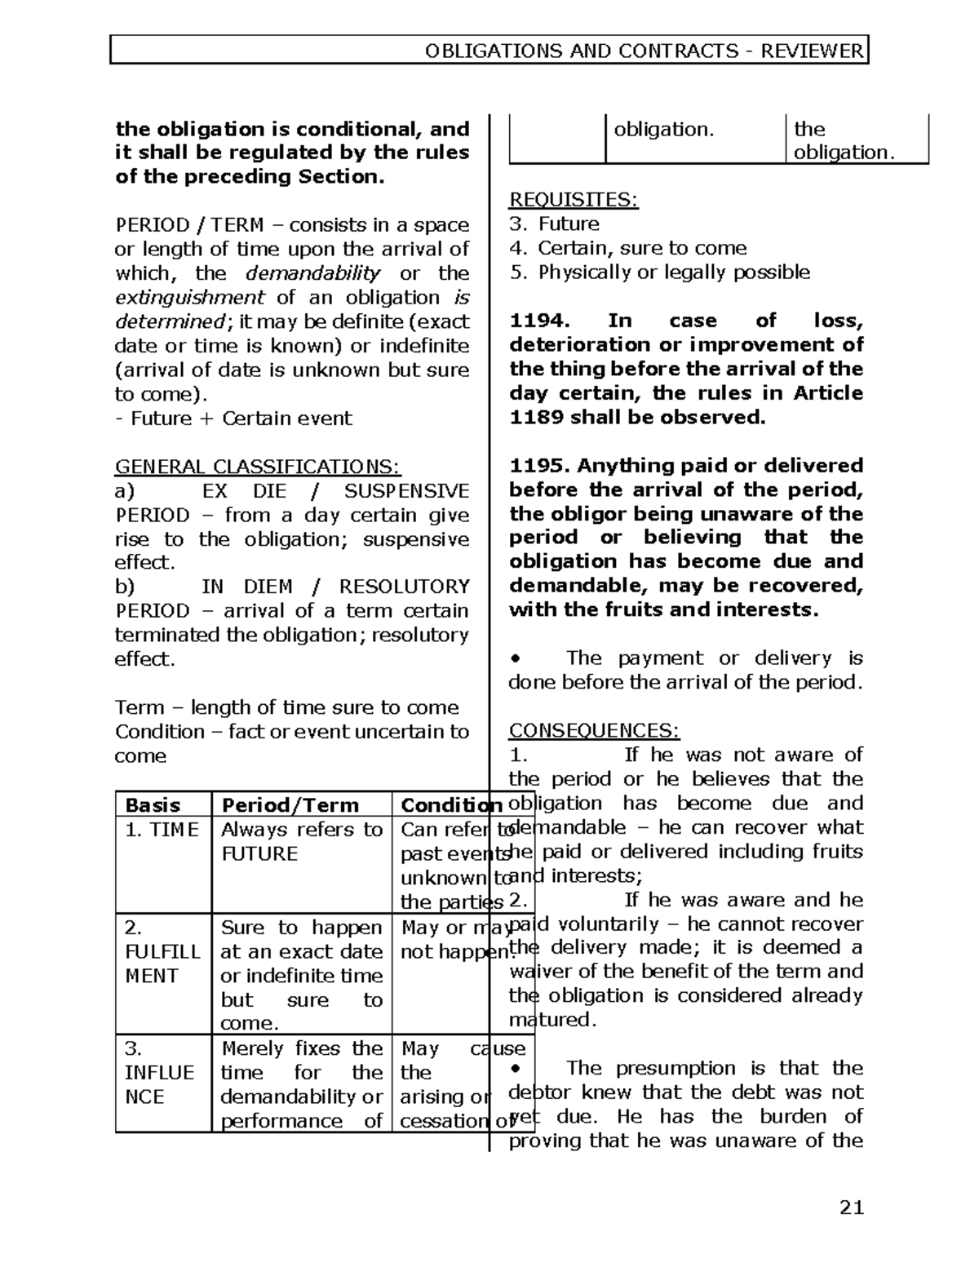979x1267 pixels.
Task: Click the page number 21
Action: click(x=851, y=1207)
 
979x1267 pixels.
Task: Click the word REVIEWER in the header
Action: click(x=812, y=51)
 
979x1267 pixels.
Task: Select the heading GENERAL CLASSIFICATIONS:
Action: click(x=258, y=467)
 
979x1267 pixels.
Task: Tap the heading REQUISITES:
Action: click(x=574, y=200)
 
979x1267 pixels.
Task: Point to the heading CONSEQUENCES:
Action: click(x=594, y=730)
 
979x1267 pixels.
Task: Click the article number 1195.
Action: click(x=538, y=466)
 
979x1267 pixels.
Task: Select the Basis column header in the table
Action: click(x=153, y=805)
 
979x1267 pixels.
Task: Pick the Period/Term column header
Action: click(x=290, y=805)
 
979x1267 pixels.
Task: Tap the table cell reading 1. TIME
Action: click(x=162, y=830)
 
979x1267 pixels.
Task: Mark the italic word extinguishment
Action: click(x=189, y=297)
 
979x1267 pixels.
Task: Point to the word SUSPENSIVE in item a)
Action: click(x=407, y=491)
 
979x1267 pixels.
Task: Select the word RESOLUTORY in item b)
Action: click(x=404, y=587)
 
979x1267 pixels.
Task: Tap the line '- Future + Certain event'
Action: click(x=233, y=419)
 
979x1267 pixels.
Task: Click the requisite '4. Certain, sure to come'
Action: click(x=628, y=248)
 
